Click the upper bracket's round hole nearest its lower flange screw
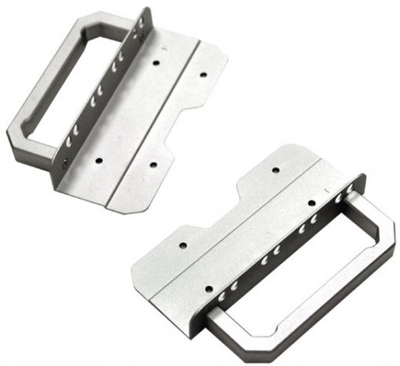[x=98, y=160]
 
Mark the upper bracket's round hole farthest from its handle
[x=203, y=74]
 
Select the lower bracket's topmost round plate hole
[x=275, y=170]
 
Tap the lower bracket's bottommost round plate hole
[x=208, y=287]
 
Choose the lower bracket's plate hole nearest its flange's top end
[x=311, y=203]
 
